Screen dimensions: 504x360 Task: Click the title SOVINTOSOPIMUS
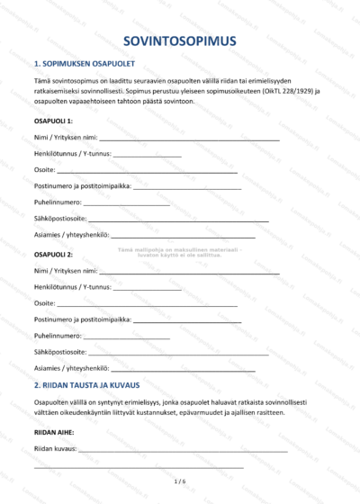click(180, 40)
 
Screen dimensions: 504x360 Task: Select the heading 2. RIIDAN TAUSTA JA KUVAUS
click(94, 385)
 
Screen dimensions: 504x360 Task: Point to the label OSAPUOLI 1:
click(53, 120)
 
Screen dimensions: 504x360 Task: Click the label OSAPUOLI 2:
click(53, 255)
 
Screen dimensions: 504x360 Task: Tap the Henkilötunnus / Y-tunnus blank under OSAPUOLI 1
click(148, 156)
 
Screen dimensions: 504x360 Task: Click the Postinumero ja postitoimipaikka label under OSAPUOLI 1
click(82, 186)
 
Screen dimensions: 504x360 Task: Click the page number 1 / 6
click(180, 482)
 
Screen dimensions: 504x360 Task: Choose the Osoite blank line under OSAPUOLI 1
click(148, 171)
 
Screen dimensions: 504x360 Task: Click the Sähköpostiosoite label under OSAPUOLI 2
click(60, 352)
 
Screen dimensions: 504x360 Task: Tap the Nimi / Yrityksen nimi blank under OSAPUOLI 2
click(189, 272)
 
